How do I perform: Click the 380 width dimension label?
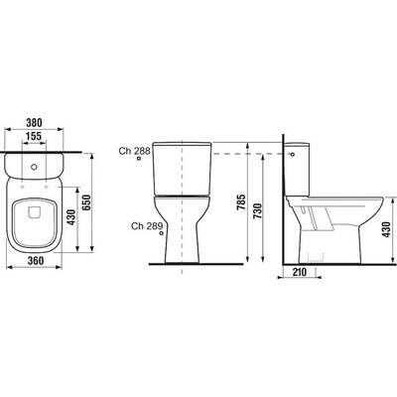(x=34, y=123)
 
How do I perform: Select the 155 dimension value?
(x=34, y=136)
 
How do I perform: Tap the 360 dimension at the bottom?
(x=36, y=261)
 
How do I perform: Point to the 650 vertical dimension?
(x=86, y=202)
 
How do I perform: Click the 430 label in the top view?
(x=71, y=217)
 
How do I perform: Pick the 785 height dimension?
(x=241, y=202)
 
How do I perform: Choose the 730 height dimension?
(x=257, y=211)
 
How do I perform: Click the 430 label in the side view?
(x=386, y=229)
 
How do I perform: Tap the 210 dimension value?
(x=300, y=272)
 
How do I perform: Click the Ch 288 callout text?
(x=135, y=151)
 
